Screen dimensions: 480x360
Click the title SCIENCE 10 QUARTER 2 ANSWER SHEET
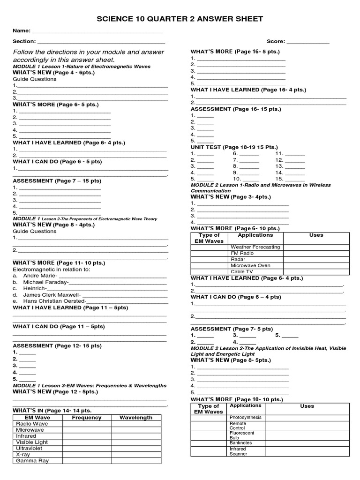(x=180, y=19)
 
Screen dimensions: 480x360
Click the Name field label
(x=21, y=30)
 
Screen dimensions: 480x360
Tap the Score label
(x=276, y=41)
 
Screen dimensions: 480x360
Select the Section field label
(x=24, y=41)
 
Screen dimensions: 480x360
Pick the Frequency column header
(x=86, y=417)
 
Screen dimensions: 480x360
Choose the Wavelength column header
(x=136, y=417)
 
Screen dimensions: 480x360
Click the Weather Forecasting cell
(x=255, y=247)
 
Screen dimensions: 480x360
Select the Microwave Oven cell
(x=250, y=265)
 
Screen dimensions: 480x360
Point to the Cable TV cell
(x=241, y=271)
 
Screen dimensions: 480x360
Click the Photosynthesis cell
(x=245, y=418)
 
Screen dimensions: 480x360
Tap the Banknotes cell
(x=240, y=442)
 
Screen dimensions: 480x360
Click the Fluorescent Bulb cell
(x=242, y=435)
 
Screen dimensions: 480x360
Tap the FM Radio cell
(x=242, y=253)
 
